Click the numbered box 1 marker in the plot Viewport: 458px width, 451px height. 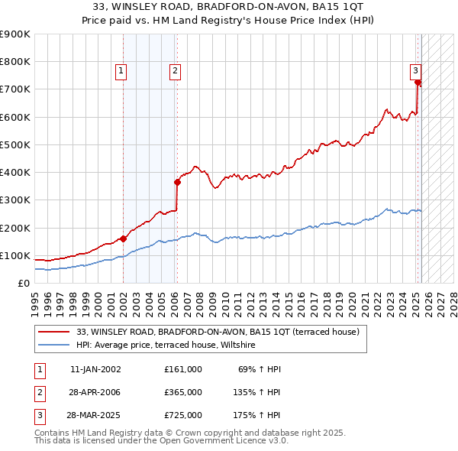click(x=121, y=71)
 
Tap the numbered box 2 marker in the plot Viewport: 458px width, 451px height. click(x=175, y=71)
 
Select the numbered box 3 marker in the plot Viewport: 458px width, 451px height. click(x=416, y=71)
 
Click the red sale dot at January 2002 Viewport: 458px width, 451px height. click(x=123, y=238)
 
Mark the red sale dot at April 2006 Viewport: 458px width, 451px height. click(x=177, y=182)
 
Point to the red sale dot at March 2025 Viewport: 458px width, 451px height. click(x=418, y=83)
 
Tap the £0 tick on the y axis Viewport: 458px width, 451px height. click(x=24, y=283)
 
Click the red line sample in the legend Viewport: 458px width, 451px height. click(x=54, y=333)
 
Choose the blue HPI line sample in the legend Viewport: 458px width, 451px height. click(x=54, y=346)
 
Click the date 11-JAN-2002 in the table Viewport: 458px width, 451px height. click(x=95, y=369)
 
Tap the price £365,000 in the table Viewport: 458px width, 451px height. click(x=183, y=392)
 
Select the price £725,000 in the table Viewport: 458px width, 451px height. click(x=183, y=416)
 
